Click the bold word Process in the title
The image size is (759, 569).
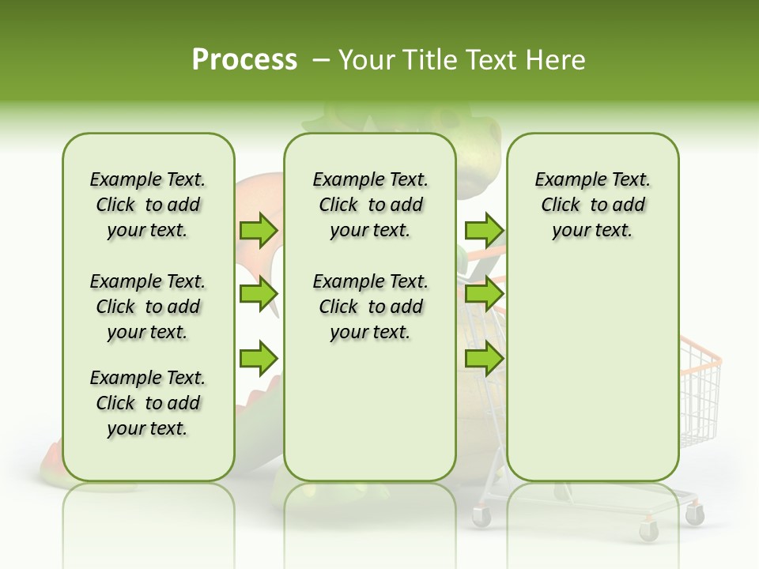pos(244,59)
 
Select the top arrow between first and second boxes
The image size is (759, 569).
pos(259,230)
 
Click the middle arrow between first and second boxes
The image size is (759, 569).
pos(259,294)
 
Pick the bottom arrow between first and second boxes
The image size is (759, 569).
pos(259,357)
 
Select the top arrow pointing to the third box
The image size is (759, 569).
pos(484,230)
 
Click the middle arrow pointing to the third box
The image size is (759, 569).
pos(484,294)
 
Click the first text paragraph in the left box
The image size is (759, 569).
pos(148,205)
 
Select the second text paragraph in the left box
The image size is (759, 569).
pos(148,307)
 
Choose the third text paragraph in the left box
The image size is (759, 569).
pos(148,403)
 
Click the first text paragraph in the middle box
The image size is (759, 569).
pos(370,205)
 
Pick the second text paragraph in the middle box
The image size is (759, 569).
pos(370,307)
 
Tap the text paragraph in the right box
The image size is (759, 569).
pos(592,205)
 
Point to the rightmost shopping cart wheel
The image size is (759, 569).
pos(695,515)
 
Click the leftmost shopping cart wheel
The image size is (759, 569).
pos(481,517)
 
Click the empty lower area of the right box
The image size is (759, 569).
pos(592,371)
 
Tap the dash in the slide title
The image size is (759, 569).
pos(321,59)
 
